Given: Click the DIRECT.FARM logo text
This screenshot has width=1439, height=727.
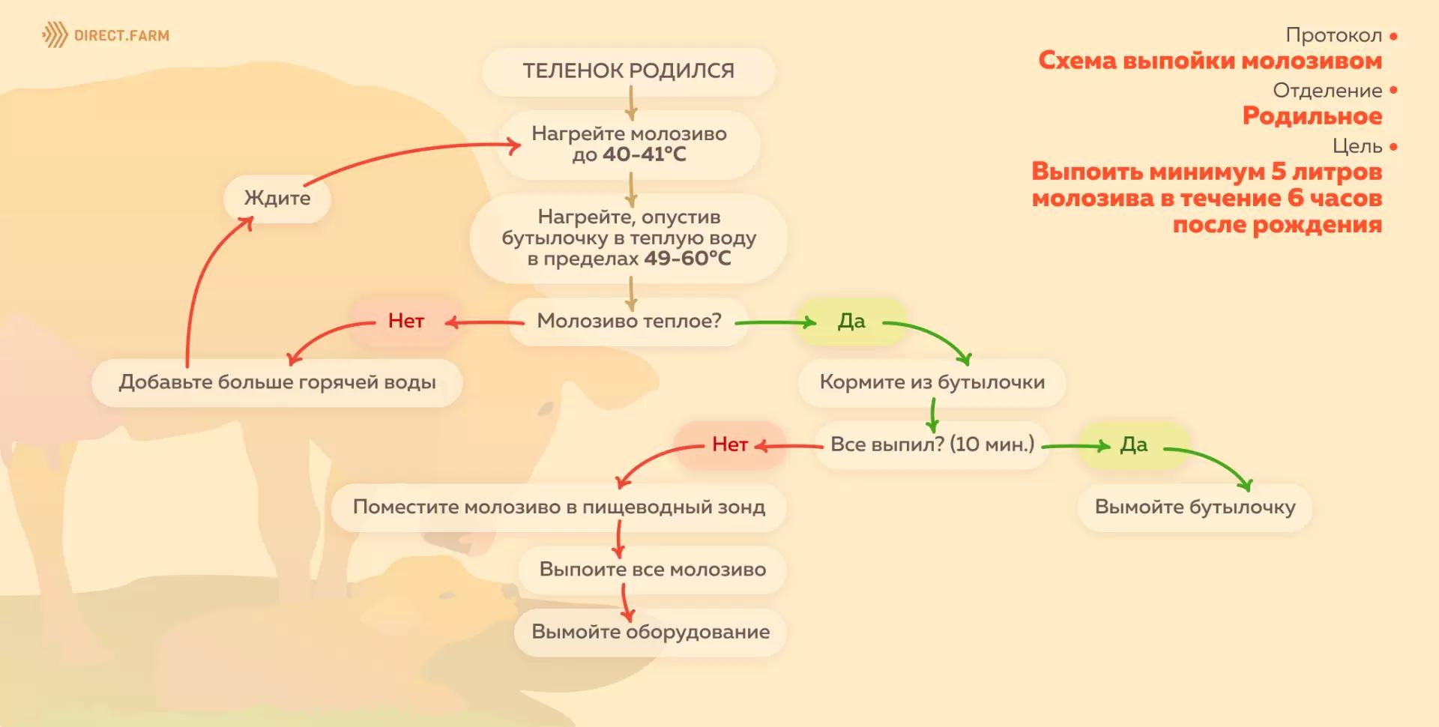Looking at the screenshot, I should pyautogui.click(x=121, y=35).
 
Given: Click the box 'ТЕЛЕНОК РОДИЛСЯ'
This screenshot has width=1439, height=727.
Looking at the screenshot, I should pyautogui.click(x=628, y=70).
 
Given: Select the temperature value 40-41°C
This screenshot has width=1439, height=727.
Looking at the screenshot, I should pyautogui.click(x=644, y=154).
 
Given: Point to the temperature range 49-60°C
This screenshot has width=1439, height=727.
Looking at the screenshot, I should pyautogui.click(x=687, y=259).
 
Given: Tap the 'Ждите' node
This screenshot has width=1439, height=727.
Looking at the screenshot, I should pyautogui.click(x=277, y=198).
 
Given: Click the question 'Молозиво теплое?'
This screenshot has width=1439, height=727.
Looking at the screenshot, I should pyautogui.click(x=629, y=321).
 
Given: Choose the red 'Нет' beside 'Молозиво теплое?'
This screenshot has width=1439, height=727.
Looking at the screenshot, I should pyautogui.click(x=405, y=321).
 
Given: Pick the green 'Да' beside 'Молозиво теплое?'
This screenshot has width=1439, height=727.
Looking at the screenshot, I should pyautogui.click(x=851, y=321).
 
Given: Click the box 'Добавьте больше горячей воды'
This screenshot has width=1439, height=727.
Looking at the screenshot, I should pyautogui.click(x=277, y=382).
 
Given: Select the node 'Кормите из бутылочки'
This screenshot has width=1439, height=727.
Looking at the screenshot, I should pyautogui.click(x=932, y=382).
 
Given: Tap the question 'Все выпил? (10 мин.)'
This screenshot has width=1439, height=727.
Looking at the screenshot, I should pyautogui.click(x=932, y=444).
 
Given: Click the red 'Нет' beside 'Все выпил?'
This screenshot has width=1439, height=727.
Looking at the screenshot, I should pyautogui.click(x=729, y=444).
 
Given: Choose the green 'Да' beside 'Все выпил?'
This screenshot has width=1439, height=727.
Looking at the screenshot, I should pyautogui.click(x=1133, y=444).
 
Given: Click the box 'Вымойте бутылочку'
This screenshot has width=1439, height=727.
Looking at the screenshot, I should pyautogui.click(x=1195, y=507).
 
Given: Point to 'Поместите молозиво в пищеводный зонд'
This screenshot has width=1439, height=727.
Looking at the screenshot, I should pyautogui.click(x=558, y=507).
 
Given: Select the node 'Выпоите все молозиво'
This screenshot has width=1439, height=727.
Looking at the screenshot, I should pyautogui.click(x=652, y=570).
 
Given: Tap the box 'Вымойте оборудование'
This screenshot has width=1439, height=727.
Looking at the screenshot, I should pyautogui.click(x=650, y=632).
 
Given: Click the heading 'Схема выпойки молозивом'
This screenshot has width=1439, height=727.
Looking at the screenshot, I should pyautogui.click(x=1210, y=61).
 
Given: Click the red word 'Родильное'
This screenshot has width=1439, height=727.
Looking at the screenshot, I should pyautogui.click(x=1312, y=116).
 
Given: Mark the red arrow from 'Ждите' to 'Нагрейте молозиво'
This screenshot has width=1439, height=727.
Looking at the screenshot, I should pyautogui.click(x=405, y=154).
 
